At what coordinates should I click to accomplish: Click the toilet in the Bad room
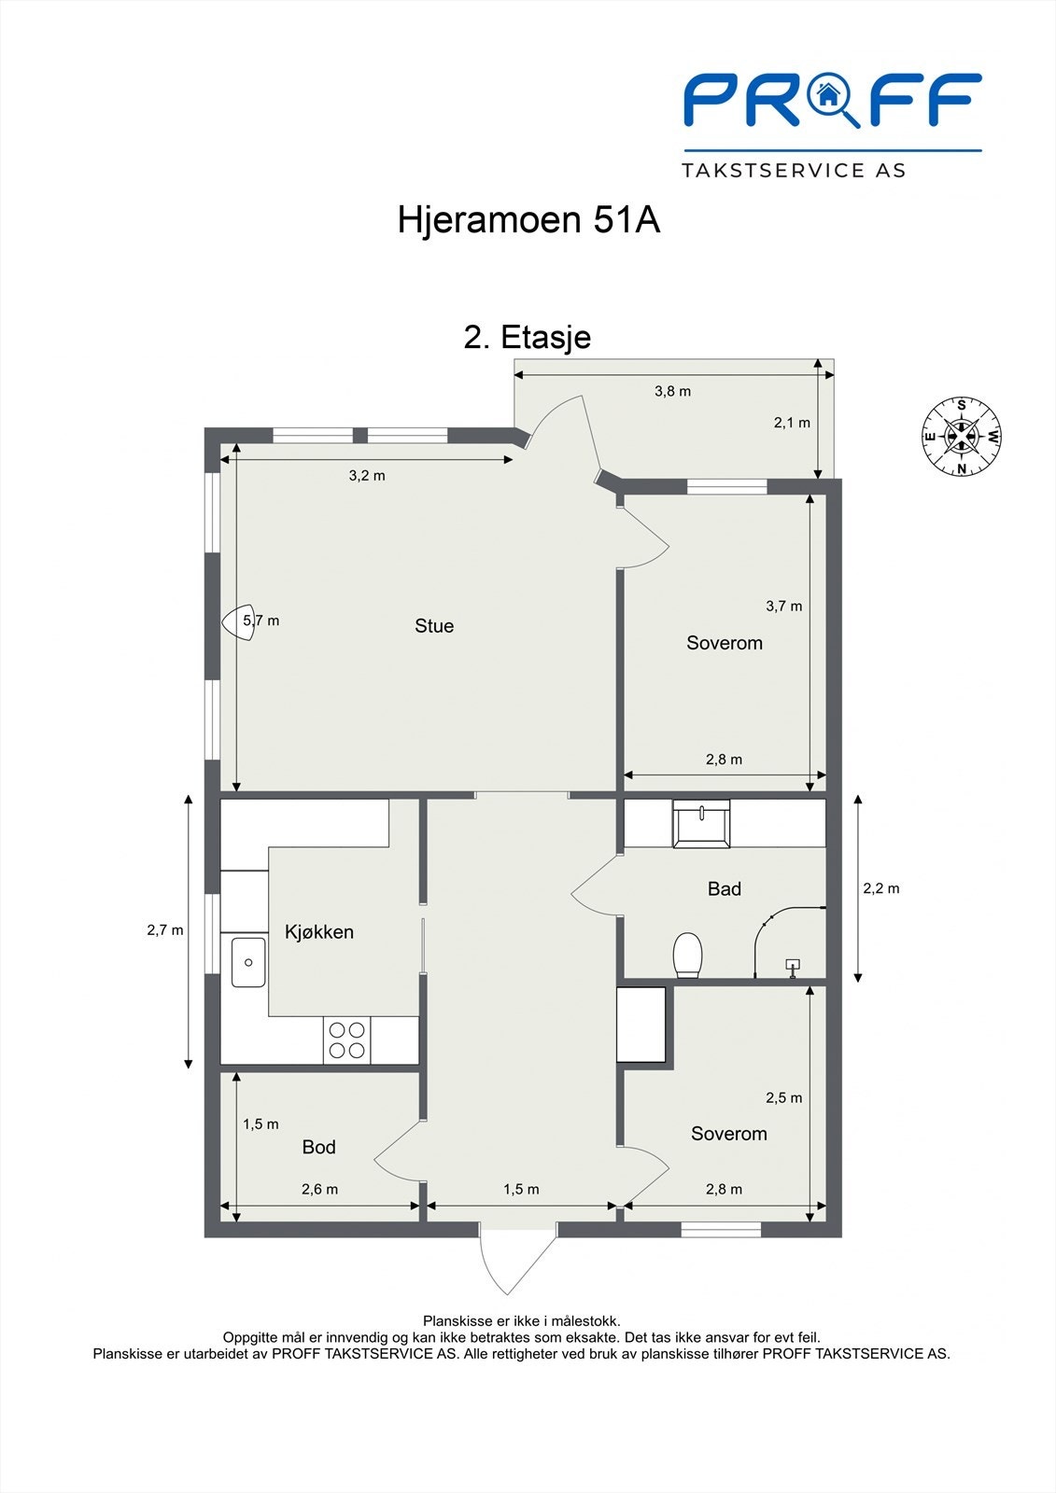point(687,955)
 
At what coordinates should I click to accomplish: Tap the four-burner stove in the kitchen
point(347,1040)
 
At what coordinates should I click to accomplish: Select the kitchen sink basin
point(248,962)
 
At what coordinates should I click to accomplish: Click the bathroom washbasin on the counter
point(701,824)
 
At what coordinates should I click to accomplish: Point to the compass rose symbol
point(962,436)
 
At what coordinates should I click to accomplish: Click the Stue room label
point(434,626)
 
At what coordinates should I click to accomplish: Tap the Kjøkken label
point(319,931)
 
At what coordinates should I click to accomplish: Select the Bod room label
point(318,1147)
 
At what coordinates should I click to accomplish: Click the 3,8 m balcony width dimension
point(672,391)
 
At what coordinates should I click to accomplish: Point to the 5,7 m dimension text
point(261,620)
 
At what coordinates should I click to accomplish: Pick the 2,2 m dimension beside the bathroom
point(880,888)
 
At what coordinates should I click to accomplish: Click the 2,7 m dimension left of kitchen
point(165,929)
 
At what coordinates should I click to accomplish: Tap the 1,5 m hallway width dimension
point(521,1189)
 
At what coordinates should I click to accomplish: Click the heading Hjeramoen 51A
point(528,220)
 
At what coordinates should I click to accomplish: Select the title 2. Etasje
point(528,336)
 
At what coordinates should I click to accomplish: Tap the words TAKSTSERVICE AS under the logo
point(794,170)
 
